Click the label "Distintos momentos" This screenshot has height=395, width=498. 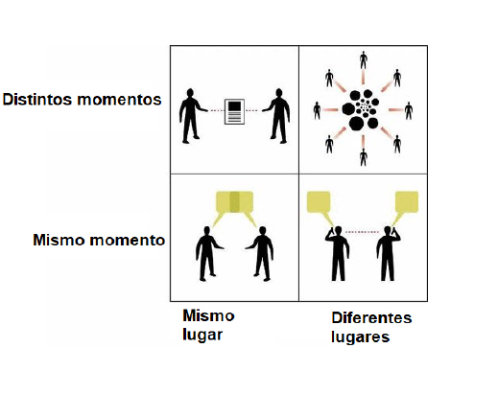tap(82, 100)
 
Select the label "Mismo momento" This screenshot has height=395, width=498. tap(99, 240)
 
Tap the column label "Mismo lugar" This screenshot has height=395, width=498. tap(208, 325)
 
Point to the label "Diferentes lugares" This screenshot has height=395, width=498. tap(371, 327)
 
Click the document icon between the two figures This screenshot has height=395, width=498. tap(234, 111)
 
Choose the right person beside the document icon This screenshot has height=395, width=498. tap(276, 116)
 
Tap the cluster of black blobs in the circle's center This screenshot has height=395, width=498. tap(362, 109)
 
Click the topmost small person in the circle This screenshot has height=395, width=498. tap(363, 59)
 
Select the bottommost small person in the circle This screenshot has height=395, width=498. tap(363, 157)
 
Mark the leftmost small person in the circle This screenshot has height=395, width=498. tap(317, 110)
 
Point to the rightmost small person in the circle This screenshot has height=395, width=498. tap(409, 110)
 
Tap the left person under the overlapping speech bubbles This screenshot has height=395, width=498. tap(208, 254)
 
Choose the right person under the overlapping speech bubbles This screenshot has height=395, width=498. tap(260, 254)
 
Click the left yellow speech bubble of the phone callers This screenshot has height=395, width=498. tap(319, 202)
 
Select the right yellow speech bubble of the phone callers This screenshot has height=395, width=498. tap(407, 202)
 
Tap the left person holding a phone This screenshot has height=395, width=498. tap(337, 253)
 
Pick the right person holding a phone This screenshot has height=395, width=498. tap(389, 253)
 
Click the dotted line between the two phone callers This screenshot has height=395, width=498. tap(363, 232)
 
